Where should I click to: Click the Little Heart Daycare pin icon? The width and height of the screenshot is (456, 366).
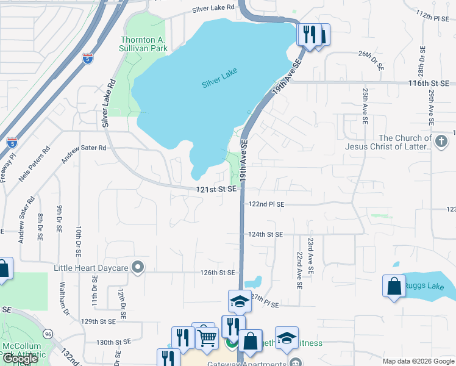[138, 267]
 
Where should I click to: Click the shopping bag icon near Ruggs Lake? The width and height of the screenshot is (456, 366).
[394, 286]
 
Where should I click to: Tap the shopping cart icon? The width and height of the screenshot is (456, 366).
[207, 337]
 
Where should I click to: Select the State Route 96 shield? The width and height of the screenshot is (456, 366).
[48, 334]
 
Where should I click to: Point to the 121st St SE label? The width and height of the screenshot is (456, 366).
[216, 190]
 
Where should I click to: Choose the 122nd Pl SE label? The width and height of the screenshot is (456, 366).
[266, 204]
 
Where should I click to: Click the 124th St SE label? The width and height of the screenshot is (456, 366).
[266, 234]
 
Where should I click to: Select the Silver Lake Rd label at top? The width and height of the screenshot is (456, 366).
[213, 9]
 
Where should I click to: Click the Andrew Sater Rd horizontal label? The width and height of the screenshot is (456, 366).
[87, 148]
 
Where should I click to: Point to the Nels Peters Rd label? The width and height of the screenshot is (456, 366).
[34, 163]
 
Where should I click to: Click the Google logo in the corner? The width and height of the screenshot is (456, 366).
[20, 359]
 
